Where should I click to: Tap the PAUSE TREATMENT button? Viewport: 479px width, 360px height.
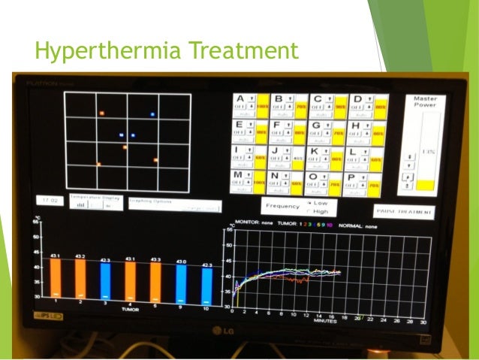pyautogui.click(x=403, y=212)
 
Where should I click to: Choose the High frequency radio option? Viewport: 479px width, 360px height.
pyautogui.click(x=309, y=212)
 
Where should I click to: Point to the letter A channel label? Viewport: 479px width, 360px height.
pyautogui.click(x=241, y=98)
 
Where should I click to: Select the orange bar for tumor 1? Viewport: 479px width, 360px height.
pyautogui.click(x=56, y=279)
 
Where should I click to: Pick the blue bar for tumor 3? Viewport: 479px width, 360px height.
pyautogui.click(x=106, y=280)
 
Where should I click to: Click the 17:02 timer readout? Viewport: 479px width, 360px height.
pyautogui.click(x=50, y=201)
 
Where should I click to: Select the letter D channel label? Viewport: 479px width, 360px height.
pyautogui.click(x=357, y=98)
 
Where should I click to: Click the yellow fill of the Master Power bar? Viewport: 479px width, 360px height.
pyautogui.click(x=426, y=184)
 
